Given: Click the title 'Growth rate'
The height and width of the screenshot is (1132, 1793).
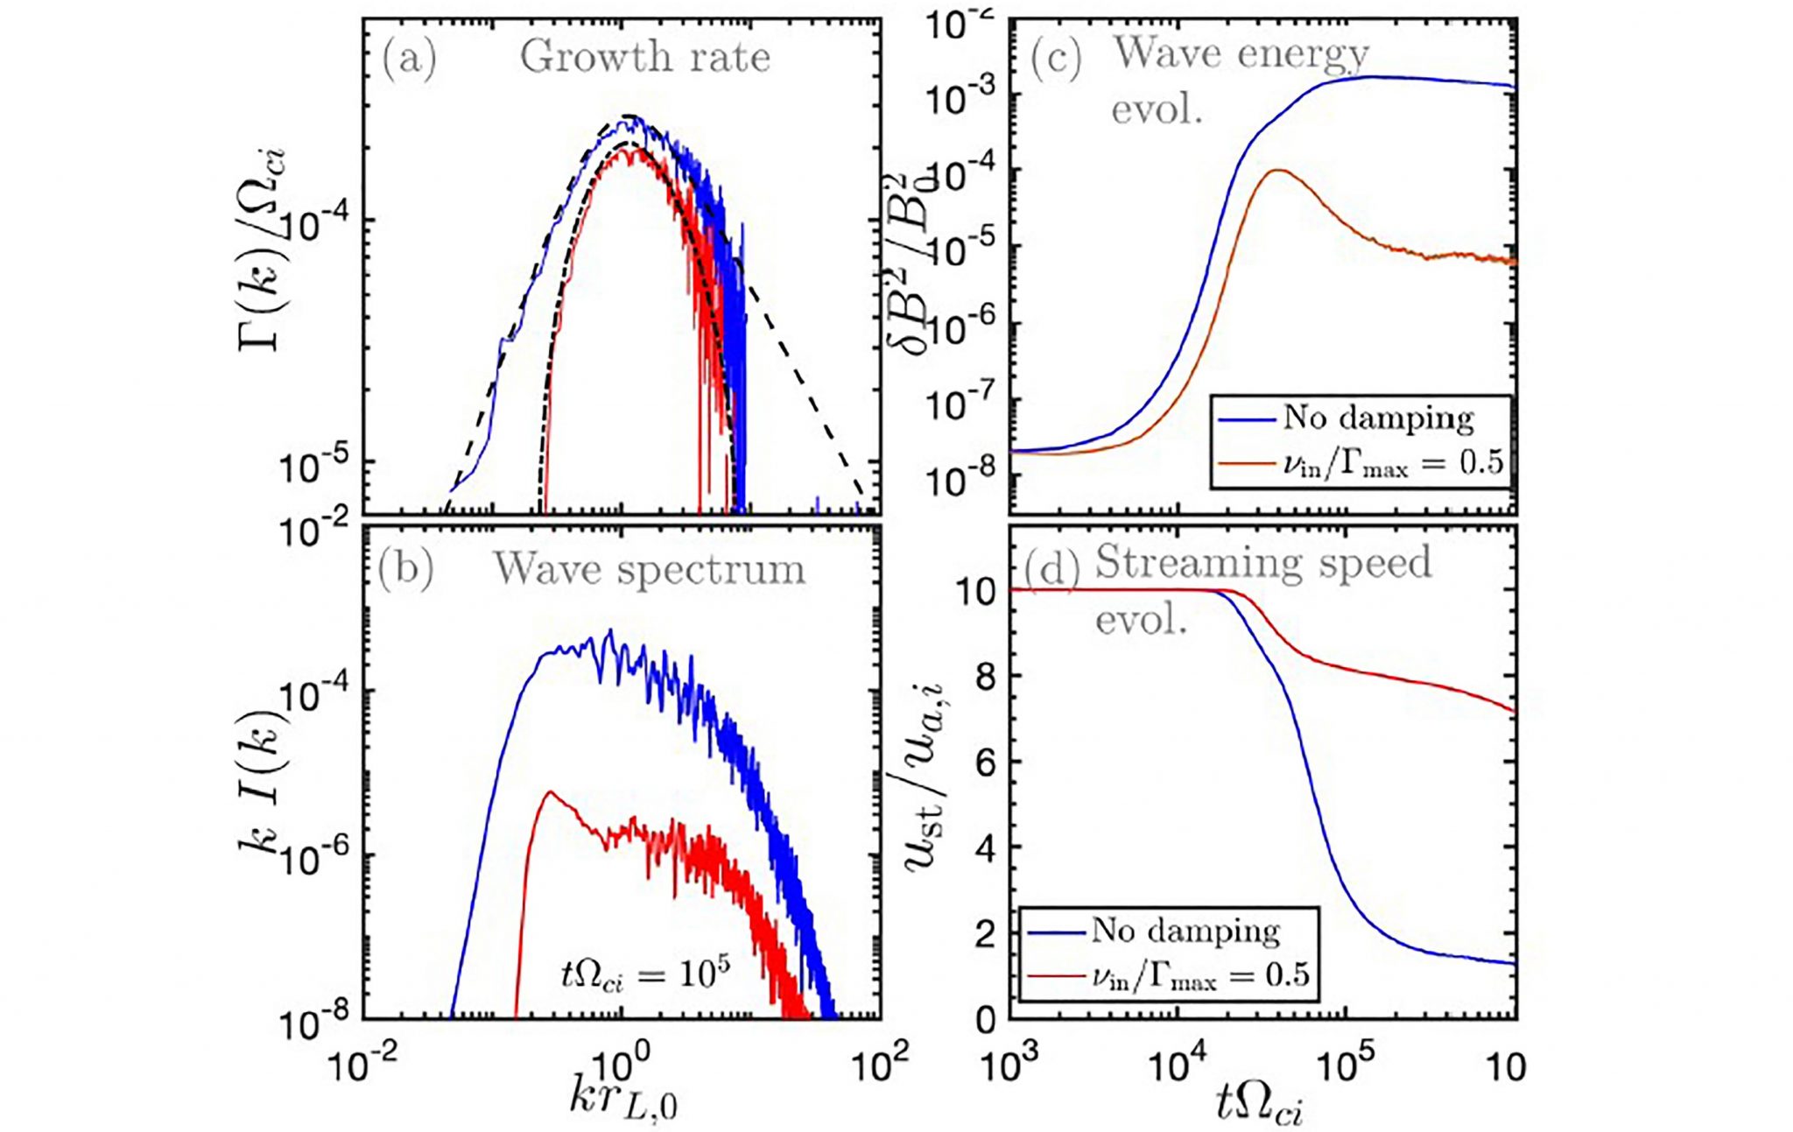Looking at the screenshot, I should (645, 59).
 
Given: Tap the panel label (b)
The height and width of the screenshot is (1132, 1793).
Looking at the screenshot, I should (405, 569).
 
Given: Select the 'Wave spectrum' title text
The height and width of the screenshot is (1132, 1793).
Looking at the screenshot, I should (649, 569).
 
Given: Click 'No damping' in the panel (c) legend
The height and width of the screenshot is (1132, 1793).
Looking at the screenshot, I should (1378, 418).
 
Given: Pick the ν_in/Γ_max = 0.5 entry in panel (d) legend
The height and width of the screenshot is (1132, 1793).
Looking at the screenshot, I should (1200, 974).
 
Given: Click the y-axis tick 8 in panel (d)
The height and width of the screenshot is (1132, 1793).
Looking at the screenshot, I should (986, 677).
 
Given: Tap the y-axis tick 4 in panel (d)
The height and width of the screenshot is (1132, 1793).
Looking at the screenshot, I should (986, 848).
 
